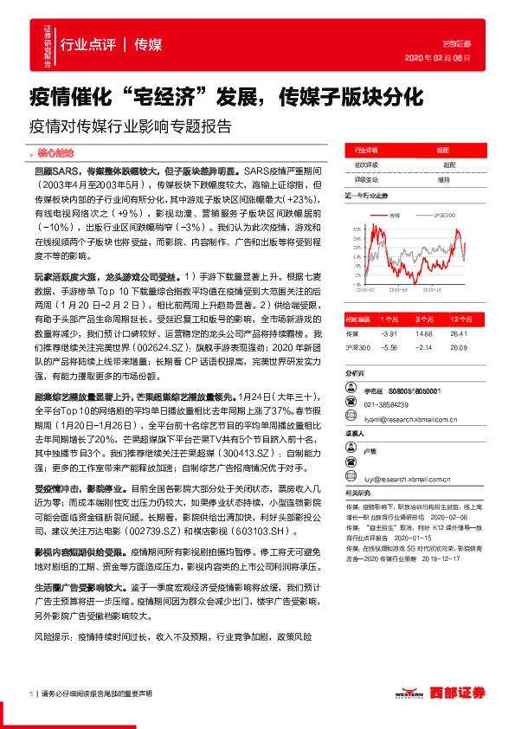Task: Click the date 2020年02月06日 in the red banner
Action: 444,58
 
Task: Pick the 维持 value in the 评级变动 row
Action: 442,180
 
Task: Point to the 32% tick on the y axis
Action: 356,229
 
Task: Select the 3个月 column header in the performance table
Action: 423,319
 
